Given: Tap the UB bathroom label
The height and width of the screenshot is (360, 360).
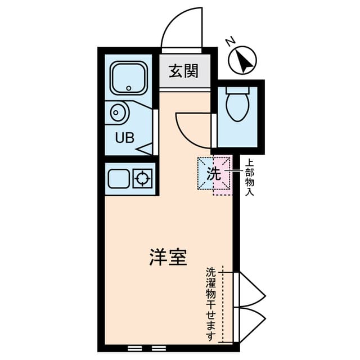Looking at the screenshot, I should [x=125, y=137].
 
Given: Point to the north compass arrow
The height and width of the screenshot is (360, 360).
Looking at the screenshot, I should [x=243, y=60].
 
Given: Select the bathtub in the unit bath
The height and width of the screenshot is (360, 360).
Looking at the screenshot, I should [x=129, y=78].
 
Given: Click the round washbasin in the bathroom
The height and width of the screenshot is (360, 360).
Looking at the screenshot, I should [x=119, y=113].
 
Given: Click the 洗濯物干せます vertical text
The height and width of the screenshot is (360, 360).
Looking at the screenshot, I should [x=211, y=304].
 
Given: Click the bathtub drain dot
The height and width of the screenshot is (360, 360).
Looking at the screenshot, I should [x=129, y=88].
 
